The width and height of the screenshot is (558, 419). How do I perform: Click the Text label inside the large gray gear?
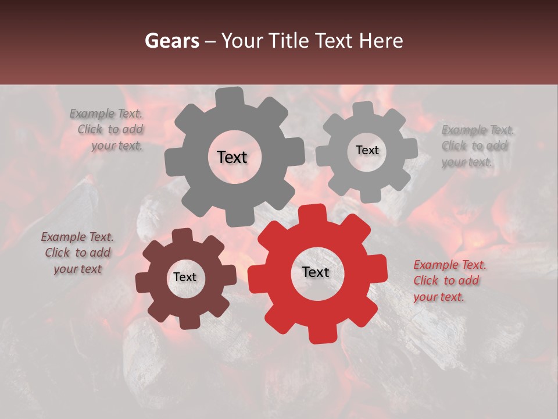coord(232,157)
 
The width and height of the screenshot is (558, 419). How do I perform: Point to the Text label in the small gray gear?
coord(367,150)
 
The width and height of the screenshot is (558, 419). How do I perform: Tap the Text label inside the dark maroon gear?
coord(185,278)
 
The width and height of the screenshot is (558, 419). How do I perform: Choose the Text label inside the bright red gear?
coord(316,272)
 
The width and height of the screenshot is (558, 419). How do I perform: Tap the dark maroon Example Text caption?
coord(77,253)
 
